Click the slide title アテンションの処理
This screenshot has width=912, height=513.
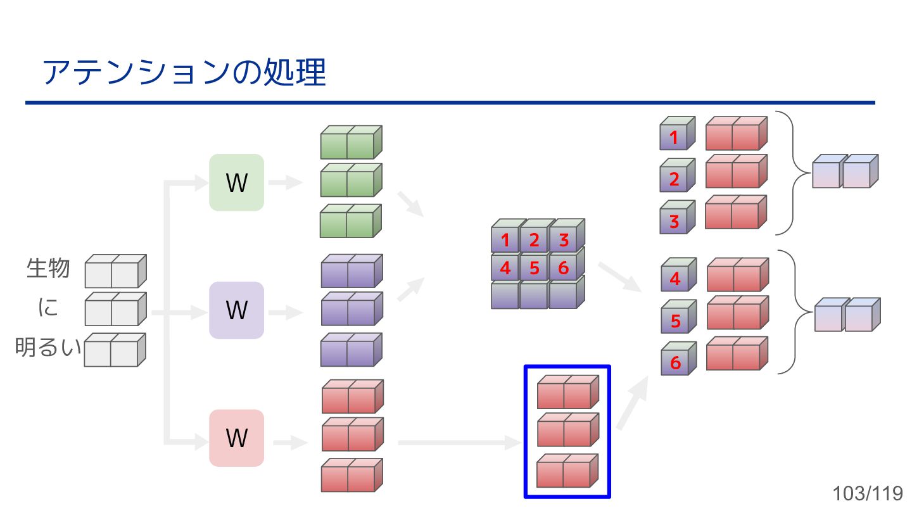tap(184, 72)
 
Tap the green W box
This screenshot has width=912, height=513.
tap(236, 182)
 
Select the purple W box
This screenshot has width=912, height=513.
tap(236, 310)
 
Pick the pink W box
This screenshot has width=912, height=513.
tap(236, 438)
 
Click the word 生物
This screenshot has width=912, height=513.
tap(48, 268)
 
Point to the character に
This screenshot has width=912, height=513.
tap(48, 308)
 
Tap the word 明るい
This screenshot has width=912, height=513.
tap(48, 348)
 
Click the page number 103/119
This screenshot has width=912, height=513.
tap(868, 493)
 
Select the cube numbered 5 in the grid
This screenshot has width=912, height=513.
tap(534, 269)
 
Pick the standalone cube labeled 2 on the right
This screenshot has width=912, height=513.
tap(674, 179)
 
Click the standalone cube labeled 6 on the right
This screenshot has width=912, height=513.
tap(676, 362)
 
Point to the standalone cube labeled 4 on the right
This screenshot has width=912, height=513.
tap(676, 279)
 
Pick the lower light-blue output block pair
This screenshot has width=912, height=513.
tap(847, 315)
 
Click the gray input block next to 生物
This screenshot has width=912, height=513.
tap(115, 272)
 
